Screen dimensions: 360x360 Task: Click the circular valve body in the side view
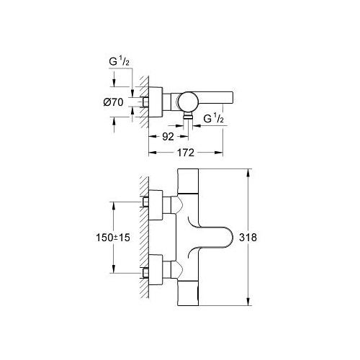coord(189,101)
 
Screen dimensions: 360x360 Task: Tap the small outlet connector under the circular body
coord(189,116)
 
